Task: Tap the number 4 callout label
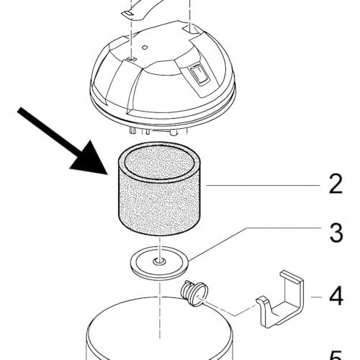point(335,296)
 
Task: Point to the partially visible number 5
point(335,354)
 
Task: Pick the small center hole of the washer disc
point(160,261)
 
